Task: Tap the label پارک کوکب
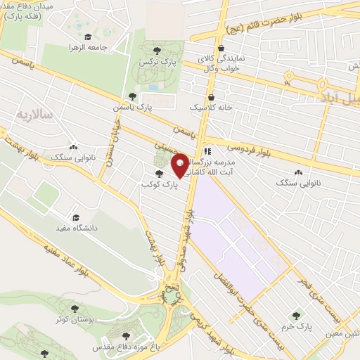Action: point(157,184)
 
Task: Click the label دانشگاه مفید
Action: point(75,229)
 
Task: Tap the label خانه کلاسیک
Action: point(210,108)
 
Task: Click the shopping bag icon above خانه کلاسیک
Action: point(210,97)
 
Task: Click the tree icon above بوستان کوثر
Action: point(75,308)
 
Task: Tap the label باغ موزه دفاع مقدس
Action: point(124,347)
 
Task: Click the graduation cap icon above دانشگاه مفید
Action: point(75,217)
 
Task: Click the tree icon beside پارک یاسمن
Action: point(132,96)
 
